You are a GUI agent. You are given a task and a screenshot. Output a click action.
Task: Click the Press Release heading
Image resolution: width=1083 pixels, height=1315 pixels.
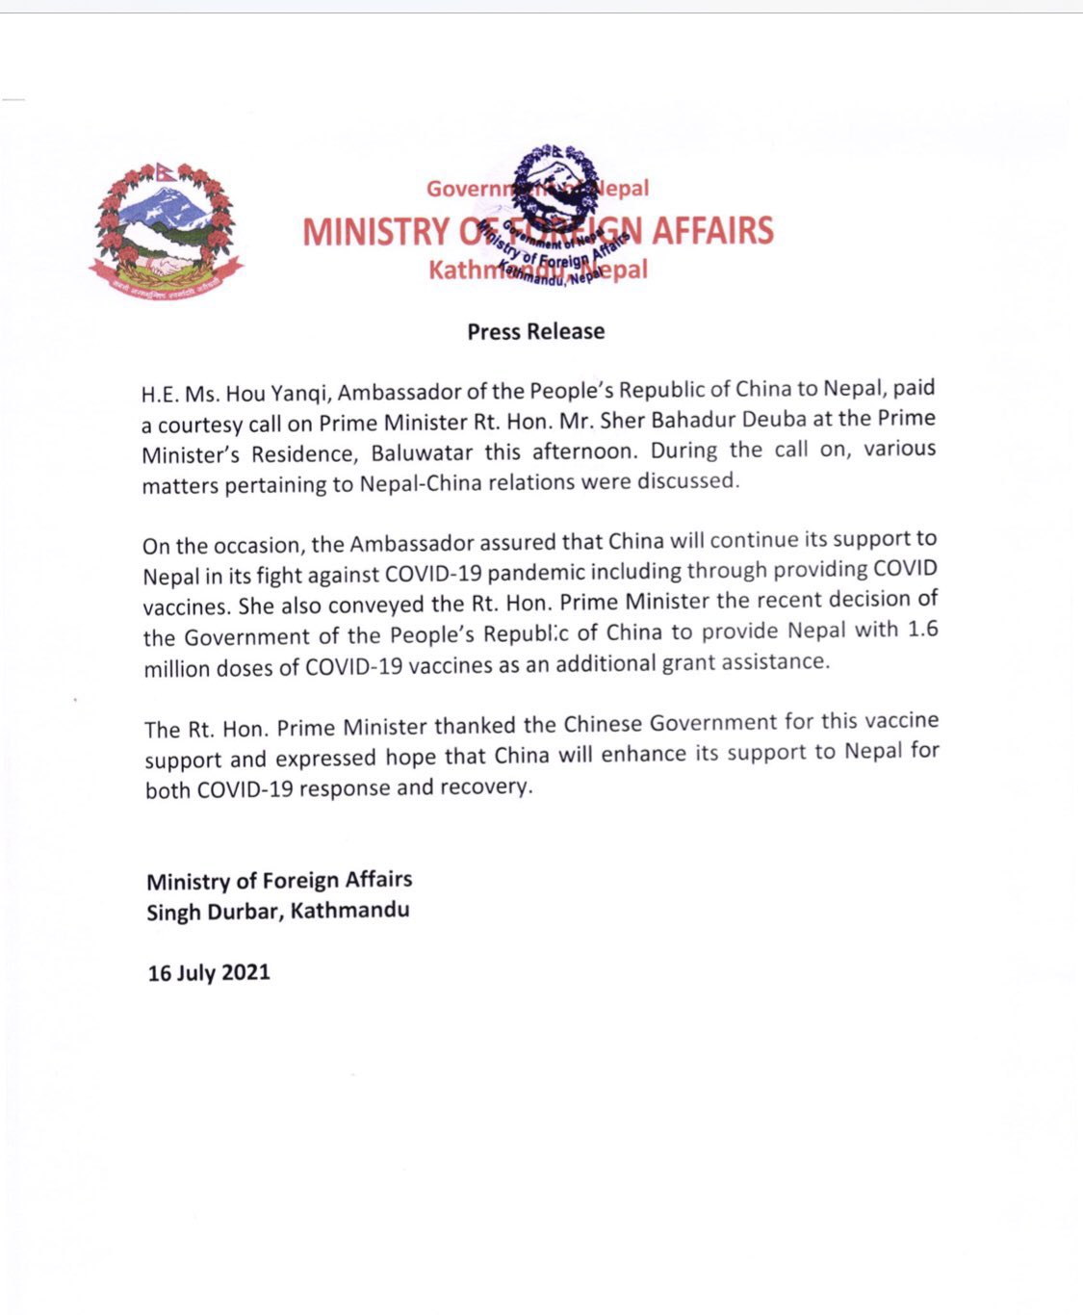click(x=536, y=331)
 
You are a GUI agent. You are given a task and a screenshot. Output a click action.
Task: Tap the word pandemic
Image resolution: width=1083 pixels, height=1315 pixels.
click(x=536, y=572)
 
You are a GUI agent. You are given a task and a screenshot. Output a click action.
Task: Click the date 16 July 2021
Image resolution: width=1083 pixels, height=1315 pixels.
click(x=209, y=972)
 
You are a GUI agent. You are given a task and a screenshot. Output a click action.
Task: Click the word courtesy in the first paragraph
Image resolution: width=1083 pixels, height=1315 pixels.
click(x=202, y=425)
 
